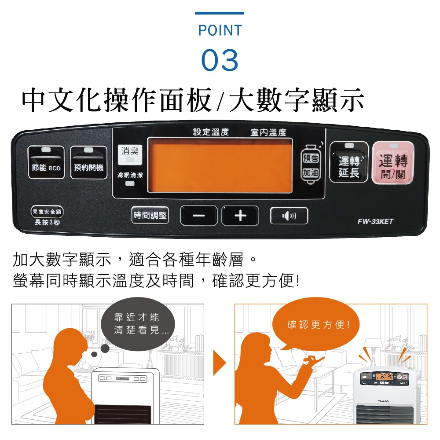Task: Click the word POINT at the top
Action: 220,30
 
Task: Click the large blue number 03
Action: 220,60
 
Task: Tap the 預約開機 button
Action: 89,162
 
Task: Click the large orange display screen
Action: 220,165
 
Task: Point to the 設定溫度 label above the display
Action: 211,132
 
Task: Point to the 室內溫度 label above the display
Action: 268,132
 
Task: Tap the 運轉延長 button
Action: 349,162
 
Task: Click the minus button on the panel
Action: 198,216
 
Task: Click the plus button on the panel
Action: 240,216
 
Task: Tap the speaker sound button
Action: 289,216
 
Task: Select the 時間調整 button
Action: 150,215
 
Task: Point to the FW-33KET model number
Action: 375,221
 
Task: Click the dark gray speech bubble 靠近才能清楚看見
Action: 136,324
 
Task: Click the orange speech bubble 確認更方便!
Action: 318,325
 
